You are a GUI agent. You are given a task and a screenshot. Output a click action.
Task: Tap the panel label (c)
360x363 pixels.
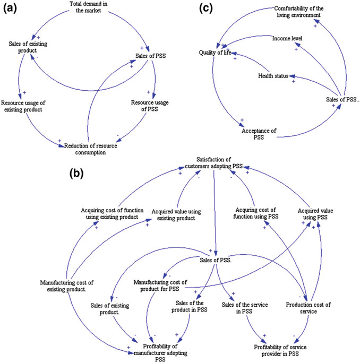pyautogui.click(x=206, y=9)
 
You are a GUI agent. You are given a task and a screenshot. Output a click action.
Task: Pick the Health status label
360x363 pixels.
pyautogui.click(x=274, y=76)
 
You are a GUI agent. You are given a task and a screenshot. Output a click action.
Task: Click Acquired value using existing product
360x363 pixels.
pyautogui.click(x=174, y=214)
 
